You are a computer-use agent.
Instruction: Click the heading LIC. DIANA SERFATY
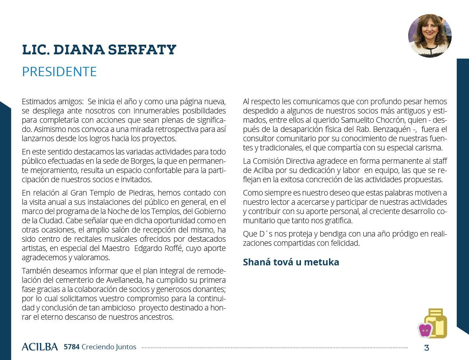(99, 50)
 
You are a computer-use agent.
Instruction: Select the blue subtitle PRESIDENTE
(59, 71)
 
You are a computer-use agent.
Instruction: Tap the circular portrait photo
(430, 36)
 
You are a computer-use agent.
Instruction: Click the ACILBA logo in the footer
(40, 347)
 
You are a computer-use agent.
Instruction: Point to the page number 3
(427, 348)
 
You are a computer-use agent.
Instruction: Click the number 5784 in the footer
(71, 347)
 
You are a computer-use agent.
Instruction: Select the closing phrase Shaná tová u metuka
(291, 262)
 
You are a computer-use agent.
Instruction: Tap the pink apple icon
(425, 330)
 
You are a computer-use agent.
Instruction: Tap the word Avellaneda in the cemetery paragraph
(122, 280)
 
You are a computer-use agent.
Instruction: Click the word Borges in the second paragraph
(142, 161)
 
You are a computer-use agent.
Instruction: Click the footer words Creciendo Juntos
(109, 347)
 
